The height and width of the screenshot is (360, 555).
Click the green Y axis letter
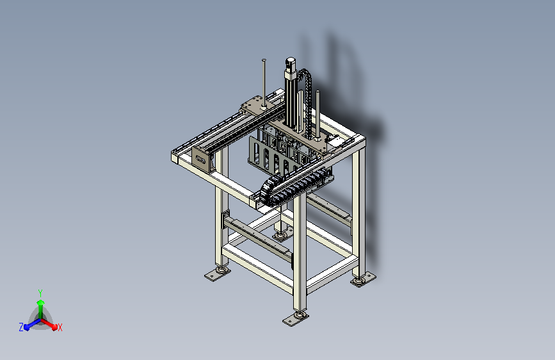tap(40, 293)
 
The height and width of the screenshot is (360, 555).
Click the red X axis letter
tap(60, 327)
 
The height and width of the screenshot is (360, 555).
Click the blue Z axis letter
tap(21, 327)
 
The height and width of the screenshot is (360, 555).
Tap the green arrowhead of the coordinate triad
tap(41, 303)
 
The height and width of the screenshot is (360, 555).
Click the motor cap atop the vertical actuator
tap(290, 63)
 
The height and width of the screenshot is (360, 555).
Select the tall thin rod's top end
tap(264, 60)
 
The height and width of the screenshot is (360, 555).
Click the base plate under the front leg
tap(296, 320)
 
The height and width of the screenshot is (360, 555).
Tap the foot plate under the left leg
tap(218, 274)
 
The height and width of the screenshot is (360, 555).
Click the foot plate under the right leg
tap(363, 279)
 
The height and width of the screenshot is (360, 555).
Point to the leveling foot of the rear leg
tap(280, 236)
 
